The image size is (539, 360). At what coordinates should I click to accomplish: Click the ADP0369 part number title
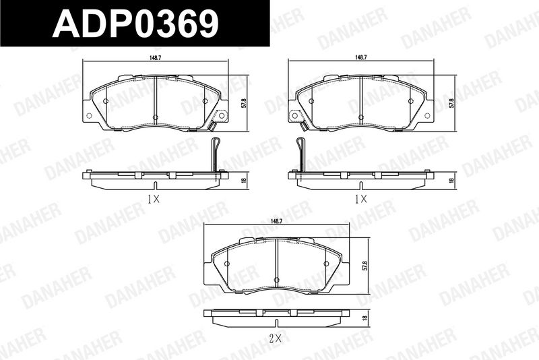[135, 24]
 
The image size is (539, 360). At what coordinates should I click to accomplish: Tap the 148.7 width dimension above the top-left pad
[156, 58]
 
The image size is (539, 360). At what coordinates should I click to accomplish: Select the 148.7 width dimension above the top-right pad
[361, 58]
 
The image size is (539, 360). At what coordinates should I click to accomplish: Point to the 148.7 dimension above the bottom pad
[276, 221]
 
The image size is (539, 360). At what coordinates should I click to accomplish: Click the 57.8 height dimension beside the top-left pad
[244, 104]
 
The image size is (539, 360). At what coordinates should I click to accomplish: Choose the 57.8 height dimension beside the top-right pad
[451, 104]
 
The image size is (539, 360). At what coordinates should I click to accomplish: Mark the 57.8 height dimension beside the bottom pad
[365, 266]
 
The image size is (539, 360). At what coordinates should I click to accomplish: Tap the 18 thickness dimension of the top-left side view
[244, 180]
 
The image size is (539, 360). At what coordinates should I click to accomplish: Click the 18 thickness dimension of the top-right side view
[451, 180]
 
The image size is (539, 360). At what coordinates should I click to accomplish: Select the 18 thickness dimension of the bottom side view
[365, 318]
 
